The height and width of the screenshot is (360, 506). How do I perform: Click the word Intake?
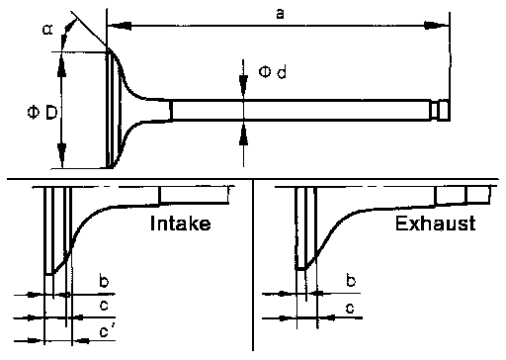click(180, 224)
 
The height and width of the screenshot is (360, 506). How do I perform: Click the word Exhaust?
click(435, 224)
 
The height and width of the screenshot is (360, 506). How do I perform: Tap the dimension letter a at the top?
click(280, 14)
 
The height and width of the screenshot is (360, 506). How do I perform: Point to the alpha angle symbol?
click(47, 30)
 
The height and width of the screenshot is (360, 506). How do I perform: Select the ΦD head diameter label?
click(42, 113)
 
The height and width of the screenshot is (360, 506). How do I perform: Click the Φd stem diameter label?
click(272, 71)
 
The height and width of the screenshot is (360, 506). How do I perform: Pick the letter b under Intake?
click(104, 281)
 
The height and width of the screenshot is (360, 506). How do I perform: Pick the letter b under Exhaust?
click(351, 280)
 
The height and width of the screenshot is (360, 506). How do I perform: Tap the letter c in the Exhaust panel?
click(350, 309)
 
